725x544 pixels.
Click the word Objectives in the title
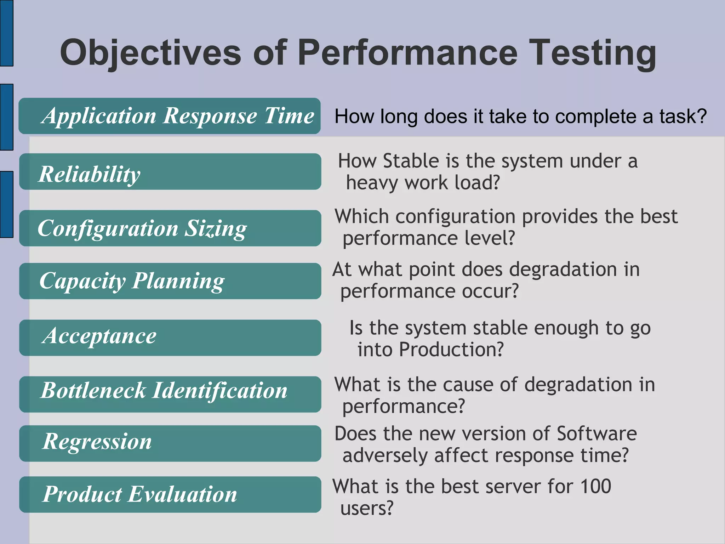pyautogui.click(x=150, y=53)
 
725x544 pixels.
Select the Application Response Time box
pyautogui.click(x=170, y=116)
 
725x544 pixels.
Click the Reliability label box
pyautogui.click(x=170, y=172)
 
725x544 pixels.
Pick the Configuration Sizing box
pyautogui.click(x=170, y=228)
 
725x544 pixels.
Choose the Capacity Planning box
pyautogui.click(x=170, y=281)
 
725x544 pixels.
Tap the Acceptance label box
pyautogui.click(x=170, y=338)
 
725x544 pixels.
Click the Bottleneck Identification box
pyautogui.click(x=170, y=394)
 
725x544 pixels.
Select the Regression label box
pyautogui.click(x=170, y=443)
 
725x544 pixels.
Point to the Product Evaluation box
pyautogui.click(x=170, y=494)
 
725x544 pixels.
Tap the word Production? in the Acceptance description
pyautogui.click(x=451, y=350)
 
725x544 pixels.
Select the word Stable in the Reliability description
pyautogui.click(x=411, y=161)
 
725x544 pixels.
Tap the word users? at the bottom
pyautogui.click(x=367, y=509)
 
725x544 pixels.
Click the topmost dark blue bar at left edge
pyautogui.click(x=6, y=33)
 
